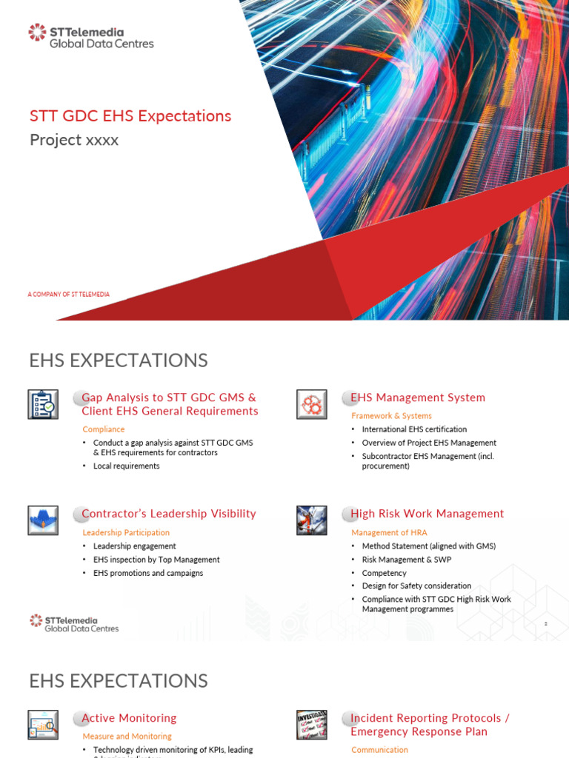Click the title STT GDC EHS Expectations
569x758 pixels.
(130, 116)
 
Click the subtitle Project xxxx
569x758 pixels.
(74, 140)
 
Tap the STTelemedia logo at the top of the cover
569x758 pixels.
(90, 36)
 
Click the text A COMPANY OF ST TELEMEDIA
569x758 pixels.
(69, 295)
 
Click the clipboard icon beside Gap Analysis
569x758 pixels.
(43, 404)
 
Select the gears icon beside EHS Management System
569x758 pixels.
(312, 404)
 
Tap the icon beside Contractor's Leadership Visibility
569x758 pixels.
(43, 520)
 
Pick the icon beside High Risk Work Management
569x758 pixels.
(312, 520)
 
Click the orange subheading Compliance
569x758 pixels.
(104, 429)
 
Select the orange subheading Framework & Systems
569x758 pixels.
(391, 416)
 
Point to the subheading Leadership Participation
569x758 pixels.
(126, 533)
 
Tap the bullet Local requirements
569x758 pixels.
(126, 466)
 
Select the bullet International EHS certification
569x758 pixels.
(414, 429)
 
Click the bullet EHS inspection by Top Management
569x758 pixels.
(156, 560)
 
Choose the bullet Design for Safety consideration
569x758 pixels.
(416, 586)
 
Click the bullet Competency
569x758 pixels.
(384, 573)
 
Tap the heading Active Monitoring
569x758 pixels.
(129, 718)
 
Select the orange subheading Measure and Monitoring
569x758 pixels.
(127, 737)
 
